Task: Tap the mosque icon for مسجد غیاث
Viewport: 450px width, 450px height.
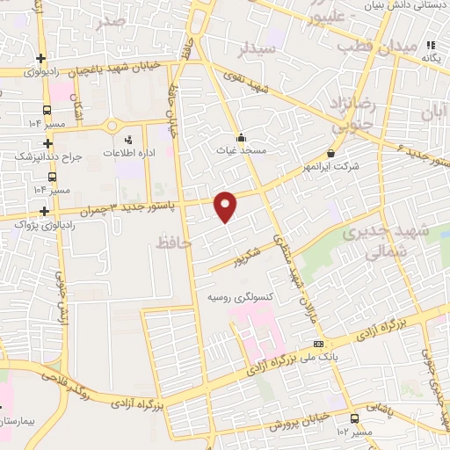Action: [x=241, y=137]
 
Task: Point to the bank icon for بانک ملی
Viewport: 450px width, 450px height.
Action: [x=318, y=344]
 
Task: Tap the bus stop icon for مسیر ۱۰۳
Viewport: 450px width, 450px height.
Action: [x=353, y=418]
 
